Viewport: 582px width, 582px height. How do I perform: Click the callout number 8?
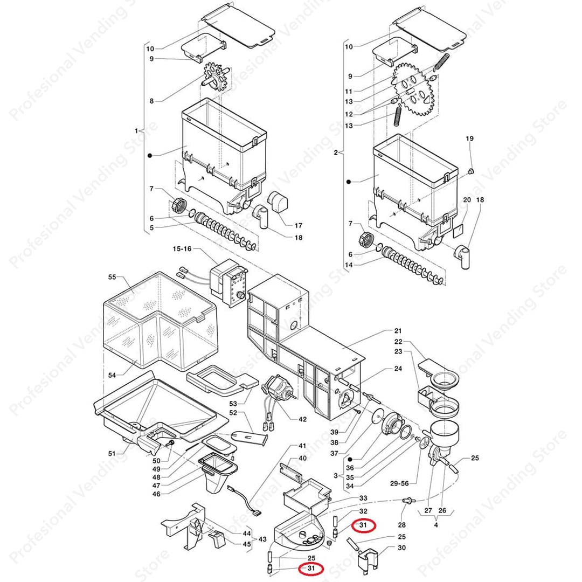pyautogui.click(x=151, y=101)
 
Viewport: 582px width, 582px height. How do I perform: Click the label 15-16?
pyautogui.click(x=182, y=249)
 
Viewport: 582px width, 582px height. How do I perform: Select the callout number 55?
pyautogui.click(x=112, y=277)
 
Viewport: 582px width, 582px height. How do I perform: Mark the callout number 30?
pyautogui.click(x=401, y=548)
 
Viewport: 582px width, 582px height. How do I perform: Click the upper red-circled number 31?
pyautogui.click(x=363, y=524)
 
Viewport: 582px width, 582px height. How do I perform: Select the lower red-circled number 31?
pyautogui.click(x=311, y=568)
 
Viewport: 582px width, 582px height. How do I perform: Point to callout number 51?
pyautogui.click(x=112, y=453)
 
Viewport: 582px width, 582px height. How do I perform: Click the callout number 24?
pyautogui.click(x=398, y=369)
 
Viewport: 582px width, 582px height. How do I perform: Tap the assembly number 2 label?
pyautogui.click(x=336, y=153)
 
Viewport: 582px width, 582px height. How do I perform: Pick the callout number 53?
pyautogui.click(x=233, y=404)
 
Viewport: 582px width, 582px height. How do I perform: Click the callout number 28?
pyautogui.click(x=401, y=524)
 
